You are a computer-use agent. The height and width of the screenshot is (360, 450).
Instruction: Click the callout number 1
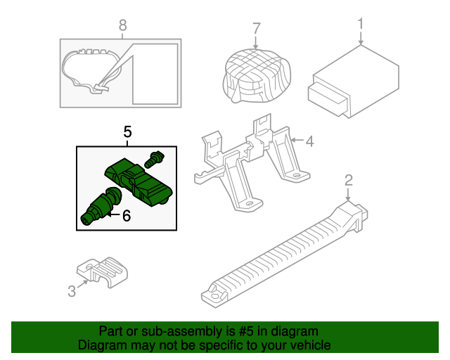[361, 24]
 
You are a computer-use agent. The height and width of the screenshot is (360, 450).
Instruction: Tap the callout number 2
[348, 180]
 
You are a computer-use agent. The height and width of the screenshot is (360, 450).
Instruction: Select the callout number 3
[72, 291]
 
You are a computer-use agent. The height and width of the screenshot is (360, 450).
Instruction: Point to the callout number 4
[309, 141]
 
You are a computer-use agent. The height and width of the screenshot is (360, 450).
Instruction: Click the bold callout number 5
[127, 132]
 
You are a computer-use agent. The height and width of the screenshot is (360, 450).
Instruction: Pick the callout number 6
[127, 216]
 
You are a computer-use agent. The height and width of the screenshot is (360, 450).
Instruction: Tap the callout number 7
[256, 28]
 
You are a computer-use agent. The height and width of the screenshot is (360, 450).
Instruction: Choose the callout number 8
[122, 25]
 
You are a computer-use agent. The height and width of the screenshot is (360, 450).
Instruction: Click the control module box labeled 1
[353, 82]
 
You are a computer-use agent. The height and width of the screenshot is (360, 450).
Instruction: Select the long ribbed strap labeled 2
[284, 254]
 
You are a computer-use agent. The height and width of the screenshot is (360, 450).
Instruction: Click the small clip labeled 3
[102, 271]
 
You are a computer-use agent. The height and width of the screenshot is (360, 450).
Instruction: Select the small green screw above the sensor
[154, 160]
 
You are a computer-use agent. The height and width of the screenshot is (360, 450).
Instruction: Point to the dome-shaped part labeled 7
[257, 75]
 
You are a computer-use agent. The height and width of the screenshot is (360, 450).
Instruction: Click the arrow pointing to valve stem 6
[113, 214]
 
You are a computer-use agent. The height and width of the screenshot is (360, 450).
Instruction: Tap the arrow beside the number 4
[297, 140]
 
